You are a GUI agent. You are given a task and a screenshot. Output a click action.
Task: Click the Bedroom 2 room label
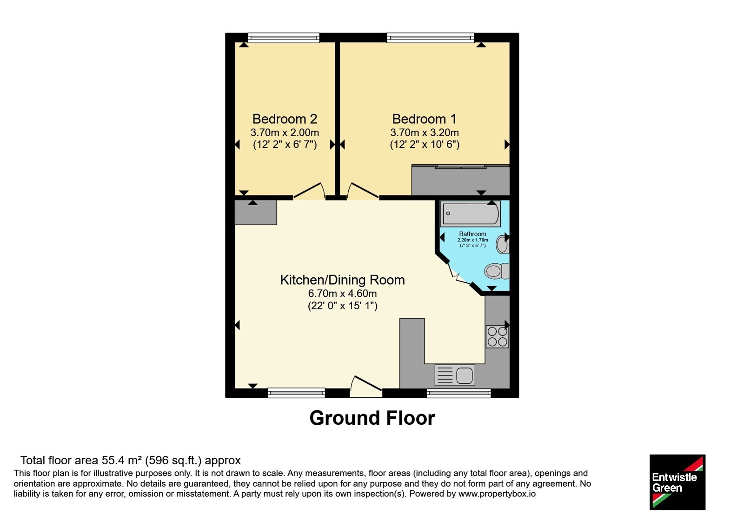285,119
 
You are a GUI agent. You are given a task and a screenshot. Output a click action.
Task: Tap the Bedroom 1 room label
424,119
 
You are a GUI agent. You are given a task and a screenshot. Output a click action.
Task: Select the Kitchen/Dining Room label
342,280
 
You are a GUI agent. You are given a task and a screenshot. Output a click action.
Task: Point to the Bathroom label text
472,234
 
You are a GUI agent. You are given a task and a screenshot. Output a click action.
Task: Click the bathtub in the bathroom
470,214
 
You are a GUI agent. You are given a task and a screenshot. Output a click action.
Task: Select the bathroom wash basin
503,245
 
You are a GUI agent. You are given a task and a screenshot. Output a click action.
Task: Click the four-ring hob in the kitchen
497,337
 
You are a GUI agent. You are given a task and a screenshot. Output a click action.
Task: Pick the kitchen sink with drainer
455,375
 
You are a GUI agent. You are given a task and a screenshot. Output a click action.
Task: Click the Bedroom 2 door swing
309,191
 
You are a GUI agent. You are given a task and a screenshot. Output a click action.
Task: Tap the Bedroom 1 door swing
363,191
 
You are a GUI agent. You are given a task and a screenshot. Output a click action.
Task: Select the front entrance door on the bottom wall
366,387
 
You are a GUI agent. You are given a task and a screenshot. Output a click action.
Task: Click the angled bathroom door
459,274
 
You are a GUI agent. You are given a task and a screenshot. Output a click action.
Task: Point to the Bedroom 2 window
284,38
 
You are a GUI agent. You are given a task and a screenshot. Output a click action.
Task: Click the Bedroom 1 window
431,38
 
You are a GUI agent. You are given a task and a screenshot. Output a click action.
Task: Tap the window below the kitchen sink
458,393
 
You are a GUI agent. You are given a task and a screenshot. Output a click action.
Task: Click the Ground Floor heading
372,418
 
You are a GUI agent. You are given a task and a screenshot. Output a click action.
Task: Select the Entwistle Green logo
678,482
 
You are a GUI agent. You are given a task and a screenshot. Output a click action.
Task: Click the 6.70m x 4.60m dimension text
342,294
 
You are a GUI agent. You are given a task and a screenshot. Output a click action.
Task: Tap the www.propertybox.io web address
497,494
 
